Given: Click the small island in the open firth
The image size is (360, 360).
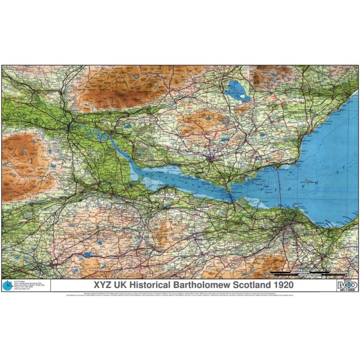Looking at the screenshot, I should pos(309,181).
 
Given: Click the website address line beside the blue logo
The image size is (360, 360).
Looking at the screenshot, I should pos(23,290).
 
